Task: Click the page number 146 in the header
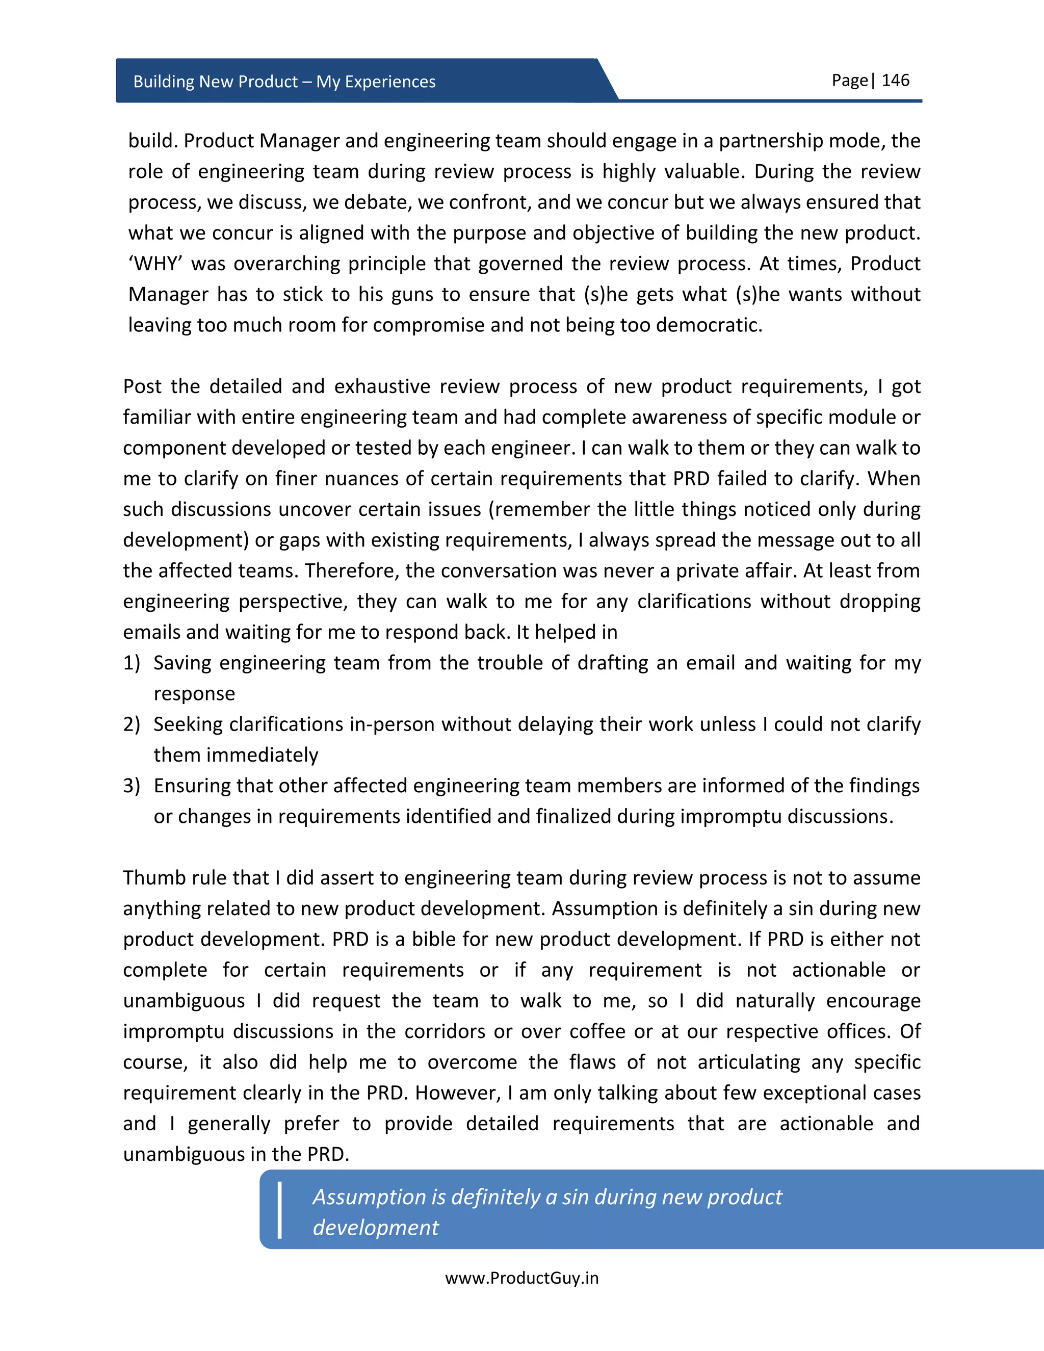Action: coord(895,81)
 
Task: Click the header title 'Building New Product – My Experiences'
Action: coord(284,82)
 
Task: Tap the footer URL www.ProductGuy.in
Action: coord(521,1278)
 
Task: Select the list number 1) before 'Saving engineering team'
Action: coord(132,663)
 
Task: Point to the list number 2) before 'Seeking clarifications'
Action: coord(132,724)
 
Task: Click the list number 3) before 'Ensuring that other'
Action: coord(132,786)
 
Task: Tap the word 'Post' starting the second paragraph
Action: coord(142,386)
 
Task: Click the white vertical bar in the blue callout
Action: coord(279,1211)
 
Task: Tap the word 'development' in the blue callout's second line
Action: coord(375,1227)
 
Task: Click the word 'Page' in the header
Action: coord(849,81)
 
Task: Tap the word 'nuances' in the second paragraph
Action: coord(358,479)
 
